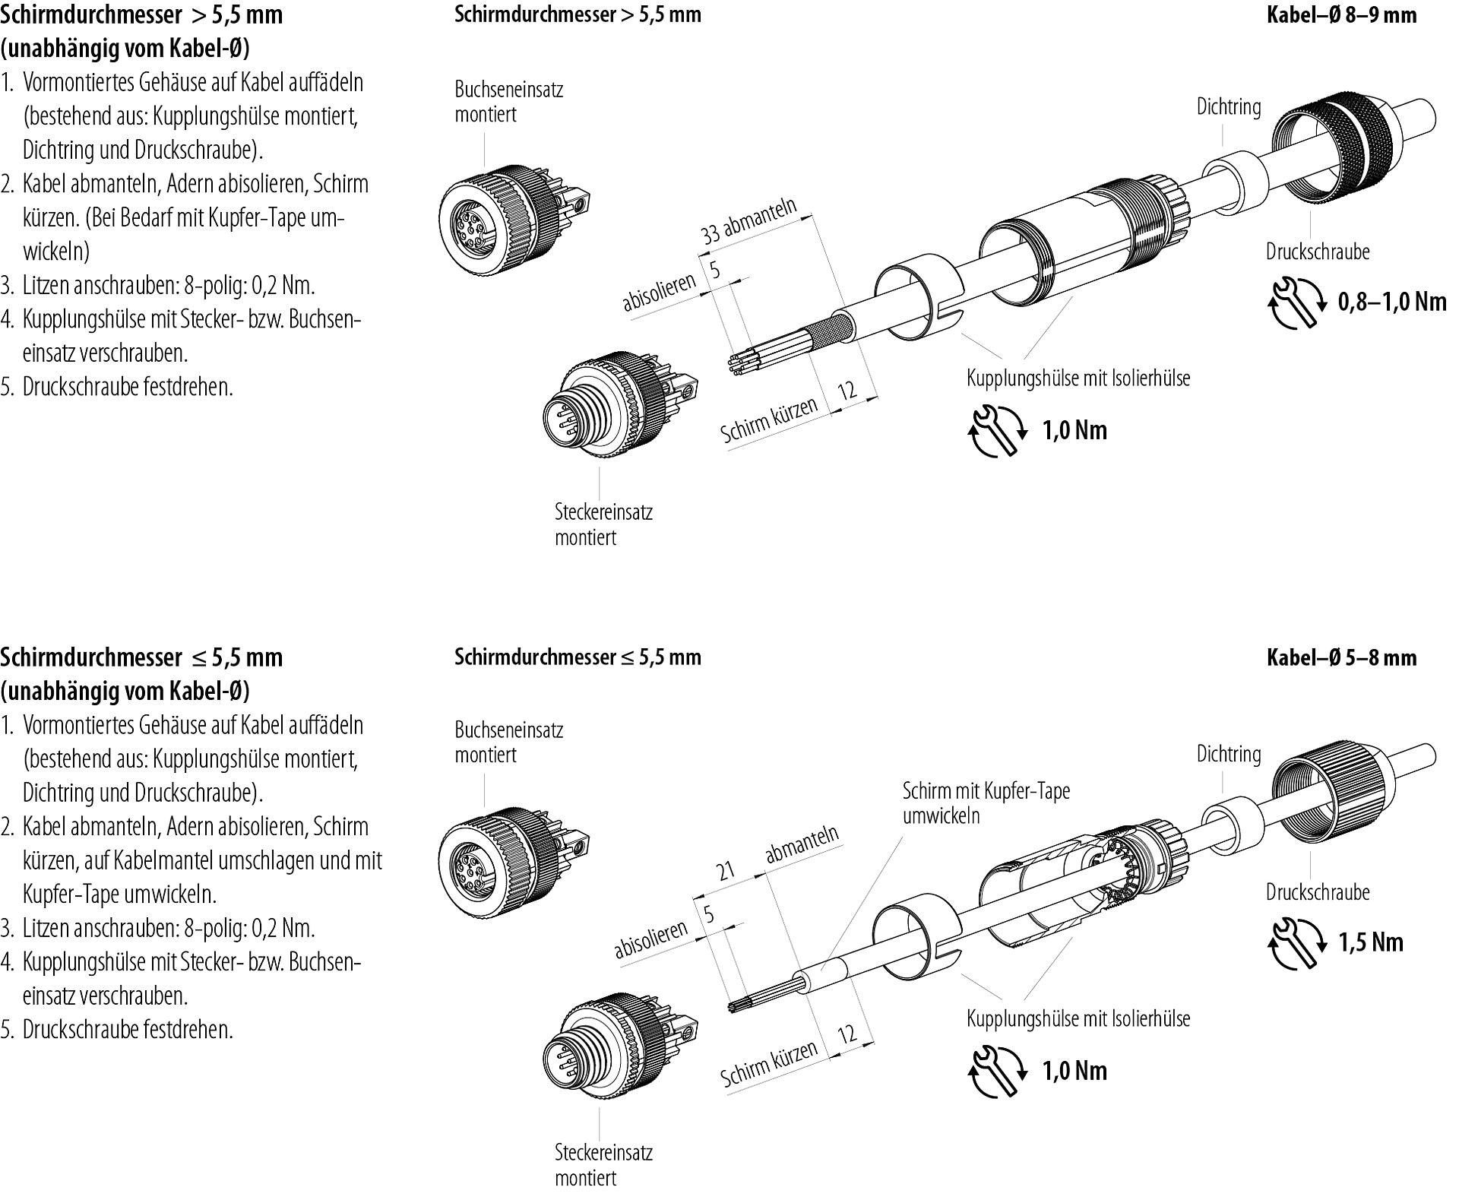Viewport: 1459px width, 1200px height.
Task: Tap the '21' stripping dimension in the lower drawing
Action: pyautogui.click(x=726, y=869)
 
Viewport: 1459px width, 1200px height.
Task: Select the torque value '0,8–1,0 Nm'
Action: pyautogui.click(x=1391, y=302)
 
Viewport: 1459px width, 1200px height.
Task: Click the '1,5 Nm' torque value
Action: pyautogui.click(x=1371, y=942)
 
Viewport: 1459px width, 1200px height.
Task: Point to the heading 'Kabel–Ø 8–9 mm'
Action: pyautogui.click(x=1341, y=15)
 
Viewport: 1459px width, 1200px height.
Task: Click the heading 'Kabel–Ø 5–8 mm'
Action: pyautogui.click(x=1341, y=657)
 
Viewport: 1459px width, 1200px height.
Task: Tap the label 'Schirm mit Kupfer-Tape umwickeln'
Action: pyautogui.click(x=986, y=803)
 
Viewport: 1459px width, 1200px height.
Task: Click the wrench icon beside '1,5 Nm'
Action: pyautogui.click(x=1295, y=943)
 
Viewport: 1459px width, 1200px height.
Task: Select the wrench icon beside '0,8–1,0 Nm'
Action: pyautogui.click(x=1295, y=302)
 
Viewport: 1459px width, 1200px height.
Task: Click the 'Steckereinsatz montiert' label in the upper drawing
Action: pyautogui.click(x=603, y=524)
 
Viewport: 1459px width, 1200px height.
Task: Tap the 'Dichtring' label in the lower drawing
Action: pyautogui.click(x=1228, y=754)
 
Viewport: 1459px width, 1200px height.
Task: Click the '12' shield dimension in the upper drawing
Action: pyautogui.click(x=847, y=391)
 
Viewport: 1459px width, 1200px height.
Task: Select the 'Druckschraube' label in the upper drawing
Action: pyautogui.click(x=1317, y=252)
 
